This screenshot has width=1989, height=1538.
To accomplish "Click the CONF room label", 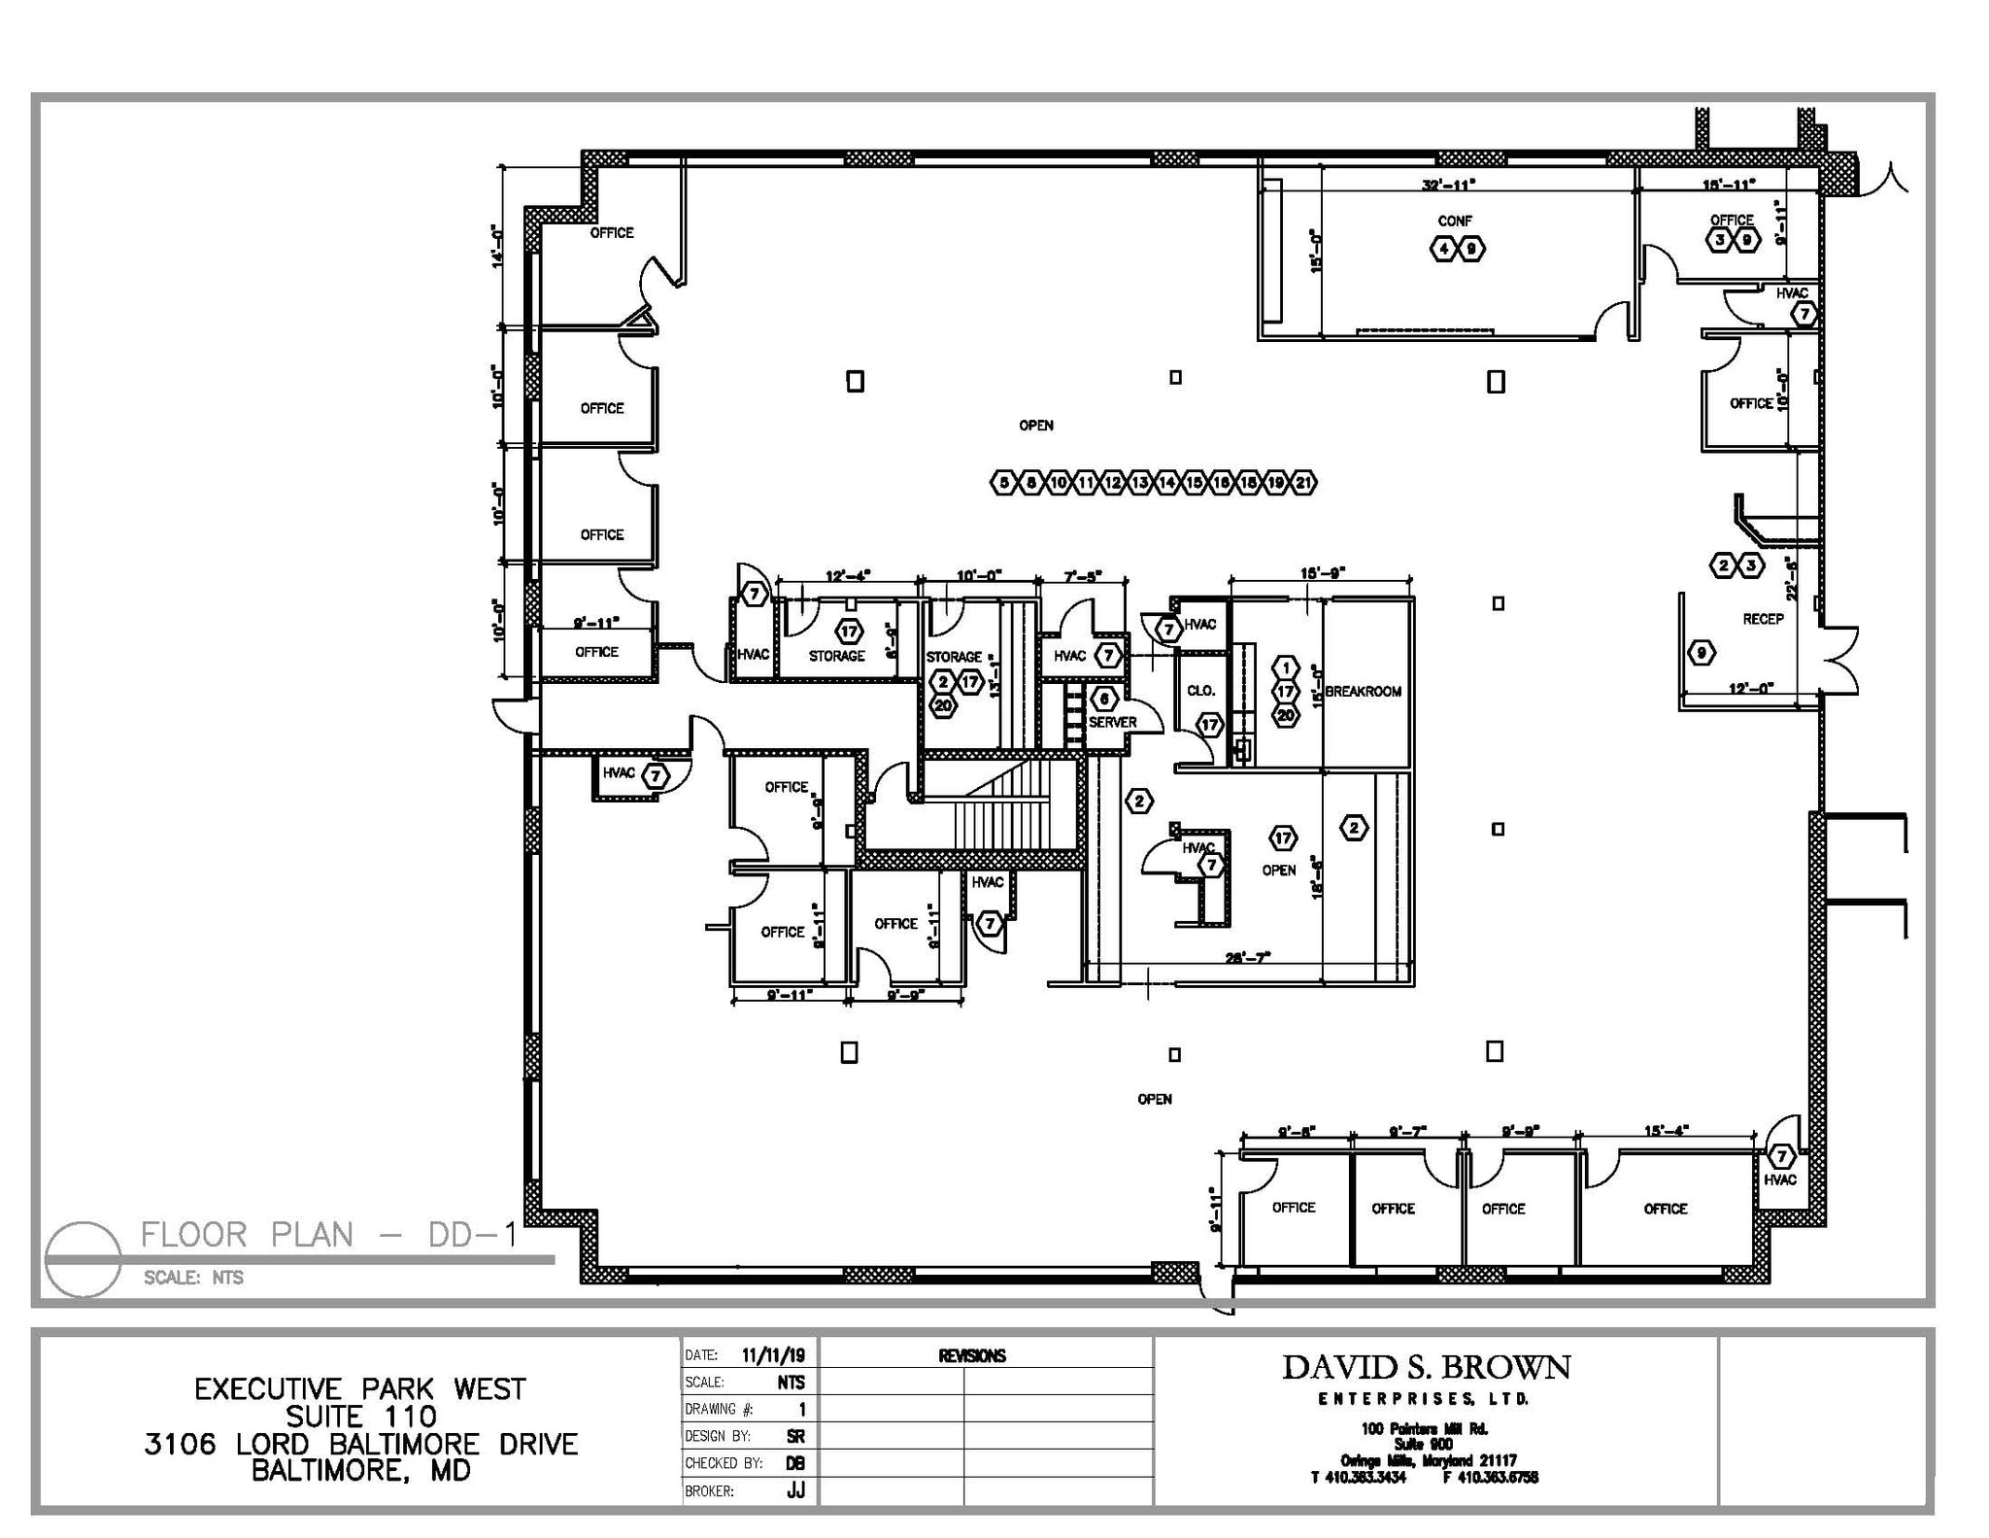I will [1454, 222].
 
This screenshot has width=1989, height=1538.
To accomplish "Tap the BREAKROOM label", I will [1363, 692].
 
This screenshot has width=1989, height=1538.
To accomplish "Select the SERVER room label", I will [1112, 723].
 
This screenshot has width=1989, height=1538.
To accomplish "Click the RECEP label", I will [1763, 619].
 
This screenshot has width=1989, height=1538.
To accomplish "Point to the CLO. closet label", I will [1200, 691].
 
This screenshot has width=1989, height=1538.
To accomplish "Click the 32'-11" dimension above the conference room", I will [1448, 185].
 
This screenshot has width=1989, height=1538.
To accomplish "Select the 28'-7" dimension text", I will [1248, 958].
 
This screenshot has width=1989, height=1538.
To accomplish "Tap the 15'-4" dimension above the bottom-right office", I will [1667, 1130].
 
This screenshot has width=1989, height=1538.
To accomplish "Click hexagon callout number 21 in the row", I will [1303, 483].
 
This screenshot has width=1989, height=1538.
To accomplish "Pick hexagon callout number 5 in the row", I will [1004, 483].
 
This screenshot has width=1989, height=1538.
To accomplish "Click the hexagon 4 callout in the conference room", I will [1443, 250].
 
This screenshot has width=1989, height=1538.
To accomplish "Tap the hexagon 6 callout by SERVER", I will [1103, 699].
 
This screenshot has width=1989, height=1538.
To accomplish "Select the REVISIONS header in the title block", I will [971, 1356].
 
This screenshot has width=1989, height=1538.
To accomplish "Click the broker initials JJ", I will [795, 1490].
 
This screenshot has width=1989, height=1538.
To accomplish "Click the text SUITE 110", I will [360, 1417].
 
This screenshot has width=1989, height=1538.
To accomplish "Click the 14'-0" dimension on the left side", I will [499, 246].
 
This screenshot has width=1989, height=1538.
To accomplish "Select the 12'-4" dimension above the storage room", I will [848, 576].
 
